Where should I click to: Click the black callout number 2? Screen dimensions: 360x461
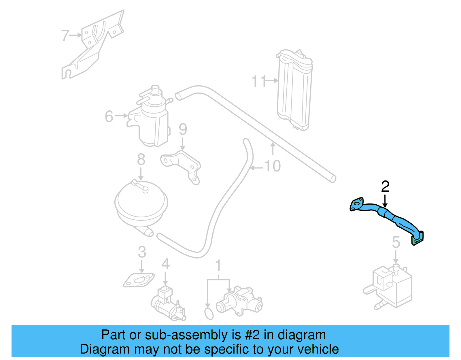[x=385, y=187]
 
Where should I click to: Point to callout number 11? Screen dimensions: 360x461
[x=259, y=81]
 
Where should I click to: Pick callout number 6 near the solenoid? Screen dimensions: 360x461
[x=109, y=116]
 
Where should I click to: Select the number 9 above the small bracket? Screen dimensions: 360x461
[x=183, y=129]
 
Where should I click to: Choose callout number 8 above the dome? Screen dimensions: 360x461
[x=141, y=159]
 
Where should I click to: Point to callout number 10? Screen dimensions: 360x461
[x=272, y=166]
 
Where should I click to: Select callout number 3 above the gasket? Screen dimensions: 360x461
[x=142, y=252]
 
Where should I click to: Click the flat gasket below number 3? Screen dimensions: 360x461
[x=139, y=280]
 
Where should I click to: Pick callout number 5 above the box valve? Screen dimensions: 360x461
[x=396, y=242]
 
